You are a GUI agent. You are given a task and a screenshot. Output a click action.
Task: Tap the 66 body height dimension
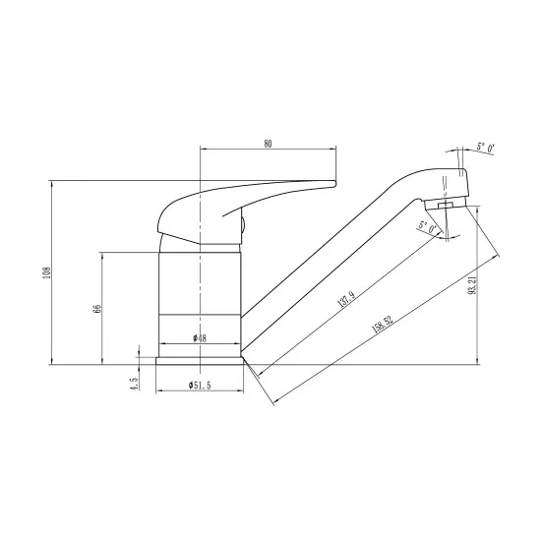pos(96,308)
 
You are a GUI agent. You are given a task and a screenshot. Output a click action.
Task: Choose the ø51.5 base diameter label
pos(201,384)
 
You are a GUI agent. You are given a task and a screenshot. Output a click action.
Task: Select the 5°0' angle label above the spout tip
pos(484,148)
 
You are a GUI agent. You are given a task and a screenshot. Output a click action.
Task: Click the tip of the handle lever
pos(332,184)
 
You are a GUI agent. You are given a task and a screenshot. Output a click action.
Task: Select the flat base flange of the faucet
pos(200,360)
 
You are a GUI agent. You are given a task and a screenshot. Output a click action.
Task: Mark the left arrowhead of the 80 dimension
pos(203,150)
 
